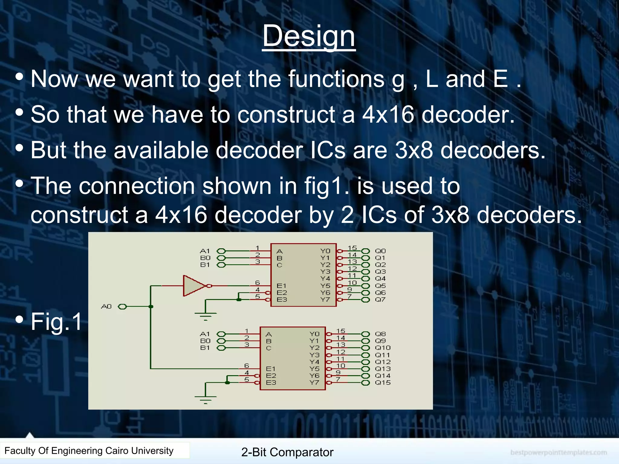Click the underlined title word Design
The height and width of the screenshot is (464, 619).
(x=309, y=36)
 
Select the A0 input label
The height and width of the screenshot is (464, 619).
(x=106, y=307)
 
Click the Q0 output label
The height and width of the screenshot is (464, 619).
(x=380, y=251)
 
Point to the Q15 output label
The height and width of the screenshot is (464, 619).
(x=383, y=383)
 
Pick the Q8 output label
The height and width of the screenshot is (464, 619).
(x=380, y=334)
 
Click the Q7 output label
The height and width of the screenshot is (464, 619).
(x=380, y=300)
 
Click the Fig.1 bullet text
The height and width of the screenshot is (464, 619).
(x=57, y=321)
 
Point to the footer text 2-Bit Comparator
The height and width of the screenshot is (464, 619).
(x=287, y=452)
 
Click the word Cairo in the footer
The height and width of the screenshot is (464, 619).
(x=117, y=451)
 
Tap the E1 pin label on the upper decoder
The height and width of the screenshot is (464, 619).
(x=281, y=286)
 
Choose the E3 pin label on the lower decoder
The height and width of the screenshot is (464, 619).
(x=271, y=383)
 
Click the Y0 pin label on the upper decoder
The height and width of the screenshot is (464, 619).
(x=325, y=251)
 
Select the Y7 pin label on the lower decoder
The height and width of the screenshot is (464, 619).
(x=314, y=383)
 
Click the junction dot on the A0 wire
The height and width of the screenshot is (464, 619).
(x=151, y=307)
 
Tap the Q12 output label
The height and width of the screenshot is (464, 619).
(x=383, y=362)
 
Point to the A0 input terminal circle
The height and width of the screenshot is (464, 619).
(x=122, y=307)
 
